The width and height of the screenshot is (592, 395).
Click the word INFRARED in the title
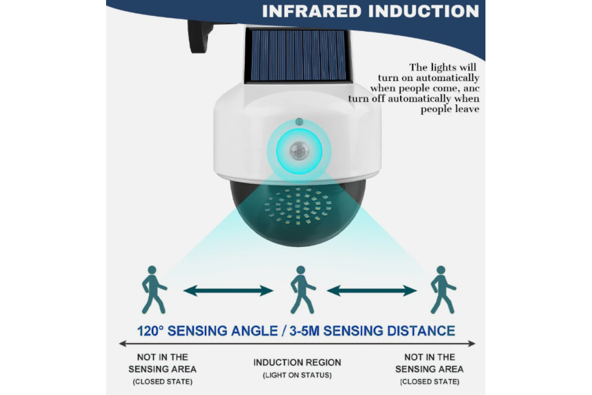[312, 11]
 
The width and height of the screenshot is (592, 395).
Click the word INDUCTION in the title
[424, 11]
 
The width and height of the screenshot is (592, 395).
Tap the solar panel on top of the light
[298, 55]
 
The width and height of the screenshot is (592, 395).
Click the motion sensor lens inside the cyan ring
[299, 151]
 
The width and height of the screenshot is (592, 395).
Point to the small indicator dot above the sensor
[299, 121]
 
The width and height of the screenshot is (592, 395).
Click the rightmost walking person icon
[443, 290]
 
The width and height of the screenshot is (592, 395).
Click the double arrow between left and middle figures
[228, 291]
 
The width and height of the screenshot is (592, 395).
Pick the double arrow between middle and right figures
[372, 291]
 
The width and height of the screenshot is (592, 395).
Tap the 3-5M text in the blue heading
[304, 331]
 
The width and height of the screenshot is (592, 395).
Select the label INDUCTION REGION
[297, 362]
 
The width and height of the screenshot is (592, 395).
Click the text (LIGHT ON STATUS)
[297, 375]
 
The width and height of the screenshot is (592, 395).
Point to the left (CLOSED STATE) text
[162, 382]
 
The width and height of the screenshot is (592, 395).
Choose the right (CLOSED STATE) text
[430, 382]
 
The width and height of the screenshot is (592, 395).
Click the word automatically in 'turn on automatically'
[447, 78]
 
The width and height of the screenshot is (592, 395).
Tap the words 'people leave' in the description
[450, 109]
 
